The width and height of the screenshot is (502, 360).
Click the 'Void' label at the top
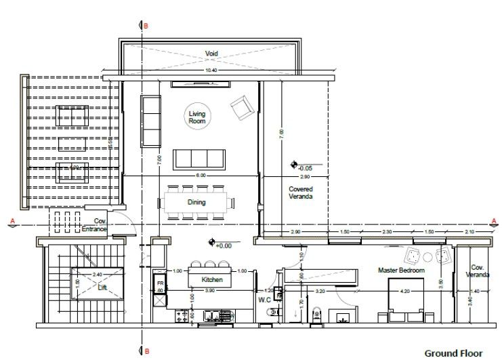211,54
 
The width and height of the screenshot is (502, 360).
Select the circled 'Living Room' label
197,118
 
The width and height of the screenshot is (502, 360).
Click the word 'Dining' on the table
197,202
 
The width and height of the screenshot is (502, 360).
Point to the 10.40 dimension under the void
211,71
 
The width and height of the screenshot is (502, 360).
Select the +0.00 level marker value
223,245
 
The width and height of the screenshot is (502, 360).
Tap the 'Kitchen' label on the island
212,279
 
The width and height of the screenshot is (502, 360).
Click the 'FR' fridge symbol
161,283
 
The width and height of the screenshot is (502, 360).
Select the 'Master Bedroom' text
401,271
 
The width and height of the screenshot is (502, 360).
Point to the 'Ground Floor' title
453,353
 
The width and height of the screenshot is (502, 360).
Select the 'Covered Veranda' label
300,193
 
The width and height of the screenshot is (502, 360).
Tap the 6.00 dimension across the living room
201,176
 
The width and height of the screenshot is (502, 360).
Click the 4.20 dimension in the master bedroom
405,291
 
